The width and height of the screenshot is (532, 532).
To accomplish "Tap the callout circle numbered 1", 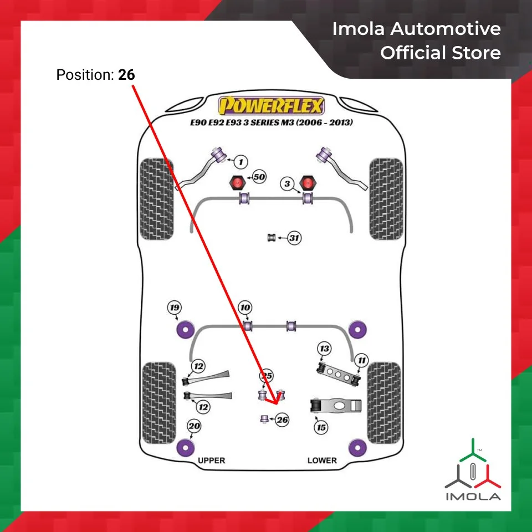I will point(240,162).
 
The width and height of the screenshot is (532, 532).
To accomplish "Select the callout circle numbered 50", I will point(259,177).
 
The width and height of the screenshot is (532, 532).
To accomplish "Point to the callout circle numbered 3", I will point(287,184).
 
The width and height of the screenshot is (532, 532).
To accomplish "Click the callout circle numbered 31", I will point(294,238).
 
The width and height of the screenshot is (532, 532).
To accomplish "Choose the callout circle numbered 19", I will point(175,308).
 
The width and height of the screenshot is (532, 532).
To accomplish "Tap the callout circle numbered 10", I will point(245,308).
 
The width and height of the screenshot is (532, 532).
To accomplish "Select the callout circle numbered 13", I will point(324,349).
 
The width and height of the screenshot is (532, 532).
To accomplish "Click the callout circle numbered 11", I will point(361,361).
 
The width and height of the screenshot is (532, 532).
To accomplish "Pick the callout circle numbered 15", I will point(321,427).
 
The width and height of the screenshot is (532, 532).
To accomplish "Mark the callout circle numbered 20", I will point(194,426).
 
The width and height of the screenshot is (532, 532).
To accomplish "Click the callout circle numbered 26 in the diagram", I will point(282,420).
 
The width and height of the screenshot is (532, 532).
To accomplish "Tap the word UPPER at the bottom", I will point(212,461).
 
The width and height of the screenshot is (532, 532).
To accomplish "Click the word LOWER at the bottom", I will point(322,461).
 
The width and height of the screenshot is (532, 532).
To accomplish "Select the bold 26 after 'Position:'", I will point(126,74).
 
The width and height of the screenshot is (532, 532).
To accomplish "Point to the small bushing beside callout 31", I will point(272,238).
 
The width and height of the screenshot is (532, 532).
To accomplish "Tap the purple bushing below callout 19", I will point(183,330).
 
